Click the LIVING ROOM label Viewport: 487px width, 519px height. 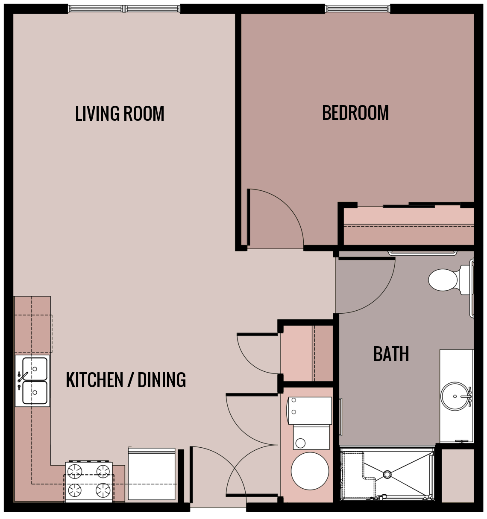(x=120, y=114)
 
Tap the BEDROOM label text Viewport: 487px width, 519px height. (x=355, y=113)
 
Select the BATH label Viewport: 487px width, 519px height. (x=391, y=354)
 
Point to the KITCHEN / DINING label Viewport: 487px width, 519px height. (x=126, y=380)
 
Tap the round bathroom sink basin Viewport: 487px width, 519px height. (x=455, y=397)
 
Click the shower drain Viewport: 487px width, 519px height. (x=387, y=474)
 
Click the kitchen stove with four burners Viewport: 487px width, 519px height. (x=89, y=481)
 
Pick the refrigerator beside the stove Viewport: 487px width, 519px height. (x=152, y=474)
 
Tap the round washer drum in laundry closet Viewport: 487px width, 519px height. (x=310, y=471)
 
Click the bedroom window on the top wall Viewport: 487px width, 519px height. (x=357, y=9)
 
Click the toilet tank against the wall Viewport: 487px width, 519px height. (x=466, y=280)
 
